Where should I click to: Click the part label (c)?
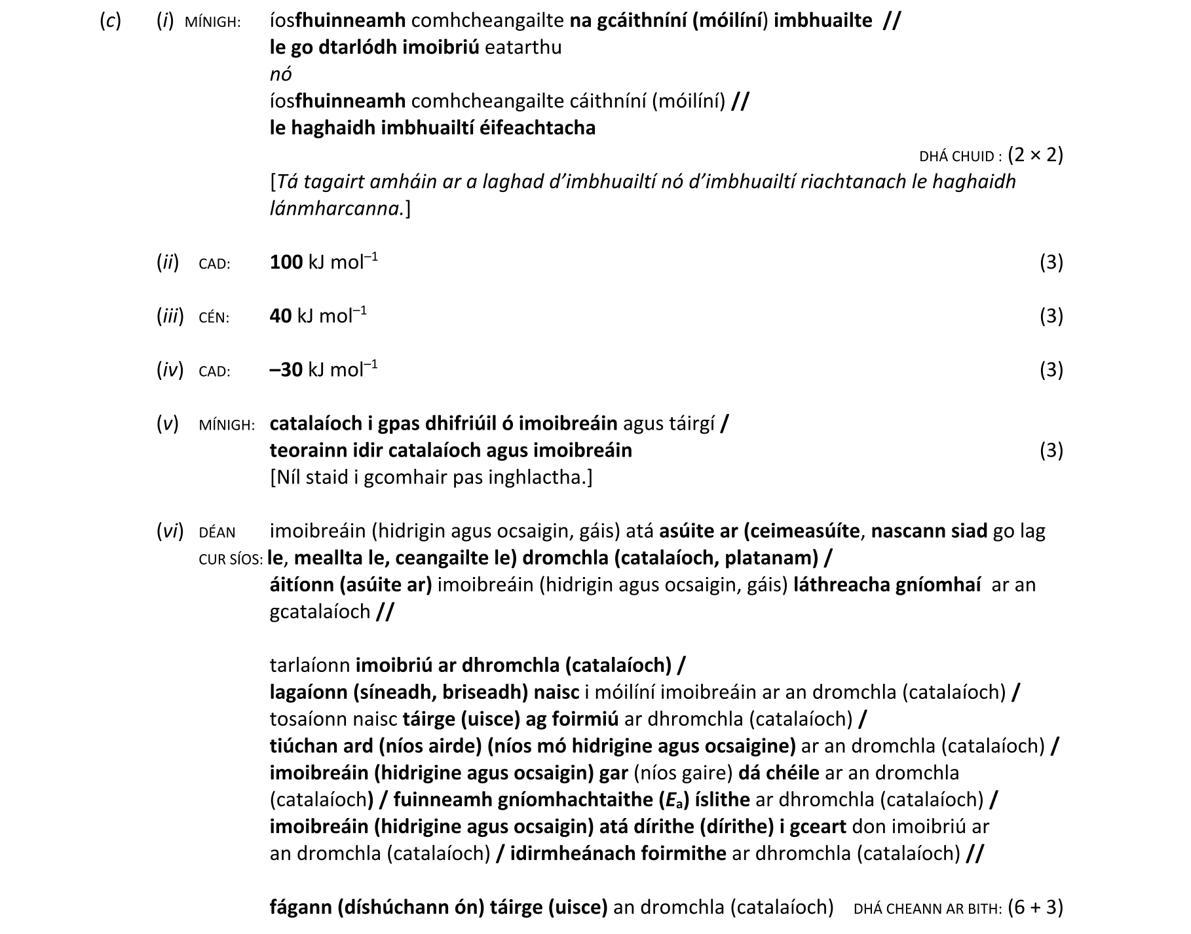pyautogui.click(x=110, y=21)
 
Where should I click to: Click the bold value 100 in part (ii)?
pyautogui.click(x=286, y=263)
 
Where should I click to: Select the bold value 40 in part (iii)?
pyautogui.click(x=280, y=316)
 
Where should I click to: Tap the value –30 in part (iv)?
pyautogui.click(x=286, y=370)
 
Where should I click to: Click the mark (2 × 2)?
pyautogui.click(x=1035, y=155)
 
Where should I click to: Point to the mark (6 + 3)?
pyautogui.click(x=1035, y=907)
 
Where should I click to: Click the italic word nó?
pyautogui.click(x=280, y=75)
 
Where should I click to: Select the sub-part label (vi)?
pyautogui.click(x=170, y=531)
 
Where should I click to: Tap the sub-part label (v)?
pyautogui.click(x=167, y=424)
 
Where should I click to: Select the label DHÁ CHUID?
pyautogui.click(x=959, y=157)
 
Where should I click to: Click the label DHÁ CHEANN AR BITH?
pyautogui.click(x=927, y=909)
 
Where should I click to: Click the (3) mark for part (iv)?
pyautogui.click(x=1051, y=370)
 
